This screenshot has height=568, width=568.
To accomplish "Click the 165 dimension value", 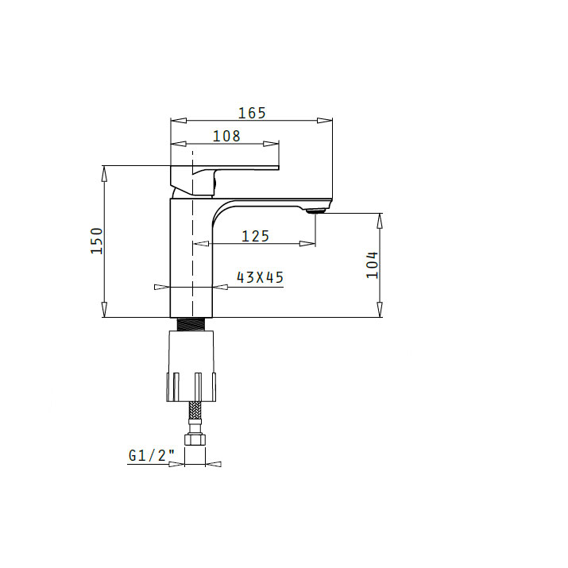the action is pyautogui.click(x=252, y=113).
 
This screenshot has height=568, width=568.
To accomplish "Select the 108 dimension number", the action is pyautogui.click(x=226, y=136).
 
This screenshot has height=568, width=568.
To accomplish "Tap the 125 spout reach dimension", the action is pyautogui.click(x=255, y=236).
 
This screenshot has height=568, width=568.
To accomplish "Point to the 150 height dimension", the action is pyautogui.click(x=97, y=241).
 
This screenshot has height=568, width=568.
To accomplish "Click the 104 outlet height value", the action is pyautogui.click(x=372, y=265).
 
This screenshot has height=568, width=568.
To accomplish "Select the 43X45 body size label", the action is pyautogui.click(x=260, y=277).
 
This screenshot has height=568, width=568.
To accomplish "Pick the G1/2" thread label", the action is pyautogui.click(x=152, y=455).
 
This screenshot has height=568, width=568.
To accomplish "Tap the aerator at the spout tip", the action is pyautogui.click(x=317, y=211).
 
